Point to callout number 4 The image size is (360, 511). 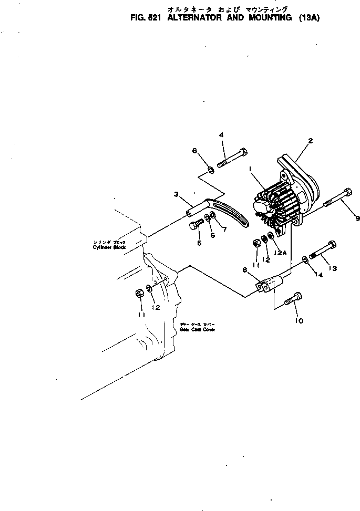tap(221, 135)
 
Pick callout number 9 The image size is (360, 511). tap(357, 218)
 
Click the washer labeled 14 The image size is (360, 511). tap(305, 259)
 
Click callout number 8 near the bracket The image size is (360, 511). tap(244, 270)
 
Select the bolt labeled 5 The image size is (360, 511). tap(195, 226)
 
